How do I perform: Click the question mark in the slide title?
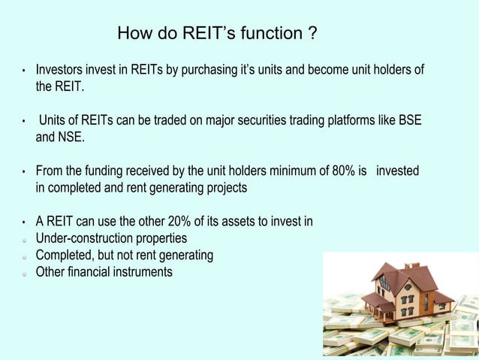pyautogui.click(x=311, y=34)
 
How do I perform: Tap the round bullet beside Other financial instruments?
pyautogui.click(x=25, y=273)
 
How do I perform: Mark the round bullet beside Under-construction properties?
pyautogui.click(x=25, y=240)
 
